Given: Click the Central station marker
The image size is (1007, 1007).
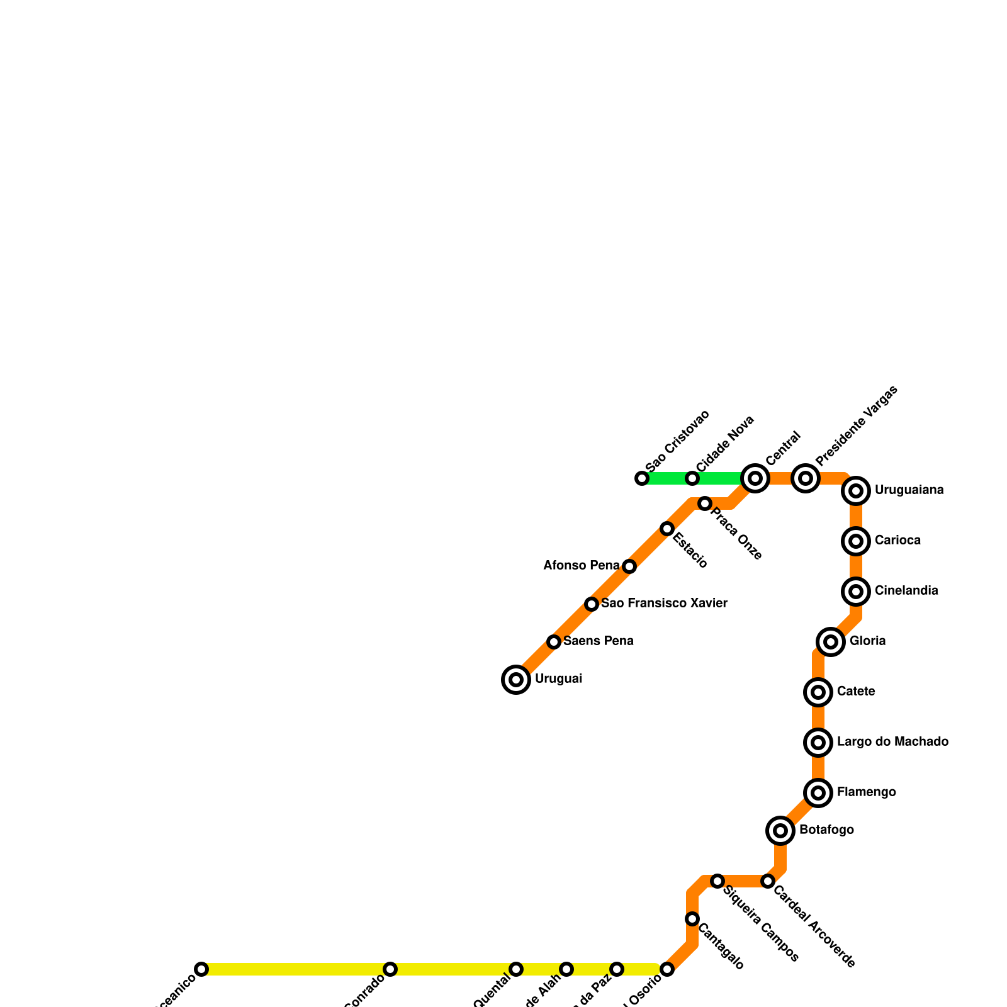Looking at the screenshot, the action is tap(755, 478).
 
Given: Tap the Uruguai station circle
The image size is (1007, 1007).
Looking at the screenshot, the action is tap(516, 680).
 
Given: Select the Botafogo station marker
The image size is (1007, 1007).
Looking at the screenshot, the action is tap(780, 831).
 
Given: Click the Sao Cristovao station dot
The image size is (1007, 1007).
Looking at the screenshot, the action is tap(642, 478).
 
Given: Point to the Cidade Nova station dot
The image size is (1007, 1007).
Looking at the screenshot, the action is tap(692, 478).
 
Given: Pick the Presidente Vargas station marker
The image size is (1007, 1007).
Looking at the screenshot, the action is tap(806, 478).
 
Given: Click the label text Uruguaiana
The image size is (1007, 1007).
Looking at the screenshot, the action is tap(909, 490).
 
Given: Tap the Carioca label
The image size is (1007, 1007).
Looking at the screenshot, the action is tap(897, 541).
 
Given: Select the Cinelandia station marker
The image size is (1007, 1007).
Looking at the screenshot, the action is tap(856, 592).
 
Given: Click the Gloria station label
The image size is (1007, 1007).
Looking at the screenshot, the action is tap(867, 641).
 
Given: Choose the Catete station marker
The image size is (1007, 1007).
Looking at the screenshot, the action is tap(818, 692).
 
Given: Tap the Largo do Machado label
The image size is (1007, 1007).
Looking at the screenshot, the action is tap(892, 742).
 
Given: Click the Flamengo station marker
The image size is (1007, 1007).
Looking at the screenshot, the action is tap(818, 793).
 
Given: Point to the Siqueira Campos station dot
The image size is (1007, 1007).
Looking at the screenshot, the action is tap(717, 881).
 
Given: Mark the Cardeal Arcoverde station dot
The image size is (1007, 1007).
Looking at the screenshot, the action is tap(768, 881).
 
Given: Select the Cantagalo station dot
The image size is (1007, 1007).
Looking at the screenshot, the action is tap(692, 919).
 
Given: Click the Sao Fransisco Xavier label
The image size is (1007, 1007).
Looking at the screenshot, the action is tap(664, 604).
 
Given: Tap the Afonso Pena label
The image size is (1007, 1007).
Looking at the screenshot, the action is tap(582, 566).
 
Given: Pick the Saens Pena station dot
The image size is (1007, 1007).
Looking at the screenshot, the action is tap(554, 642).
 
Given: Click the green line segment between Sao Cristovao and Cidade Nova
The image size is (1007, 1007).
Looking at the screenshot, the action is tap(667, 478).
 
